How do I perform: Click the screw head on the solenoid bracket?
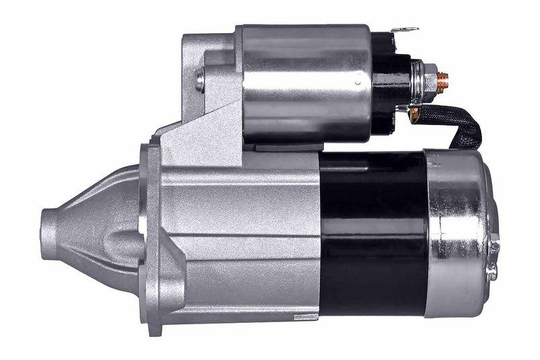[x=200, y=80]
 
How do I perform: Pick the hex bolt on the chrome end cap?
[x=493, y=246]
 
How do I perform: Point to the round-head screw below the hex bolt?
[x=492, y=273]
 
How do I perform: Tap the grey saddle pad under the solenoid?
[x=283, y=147]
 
